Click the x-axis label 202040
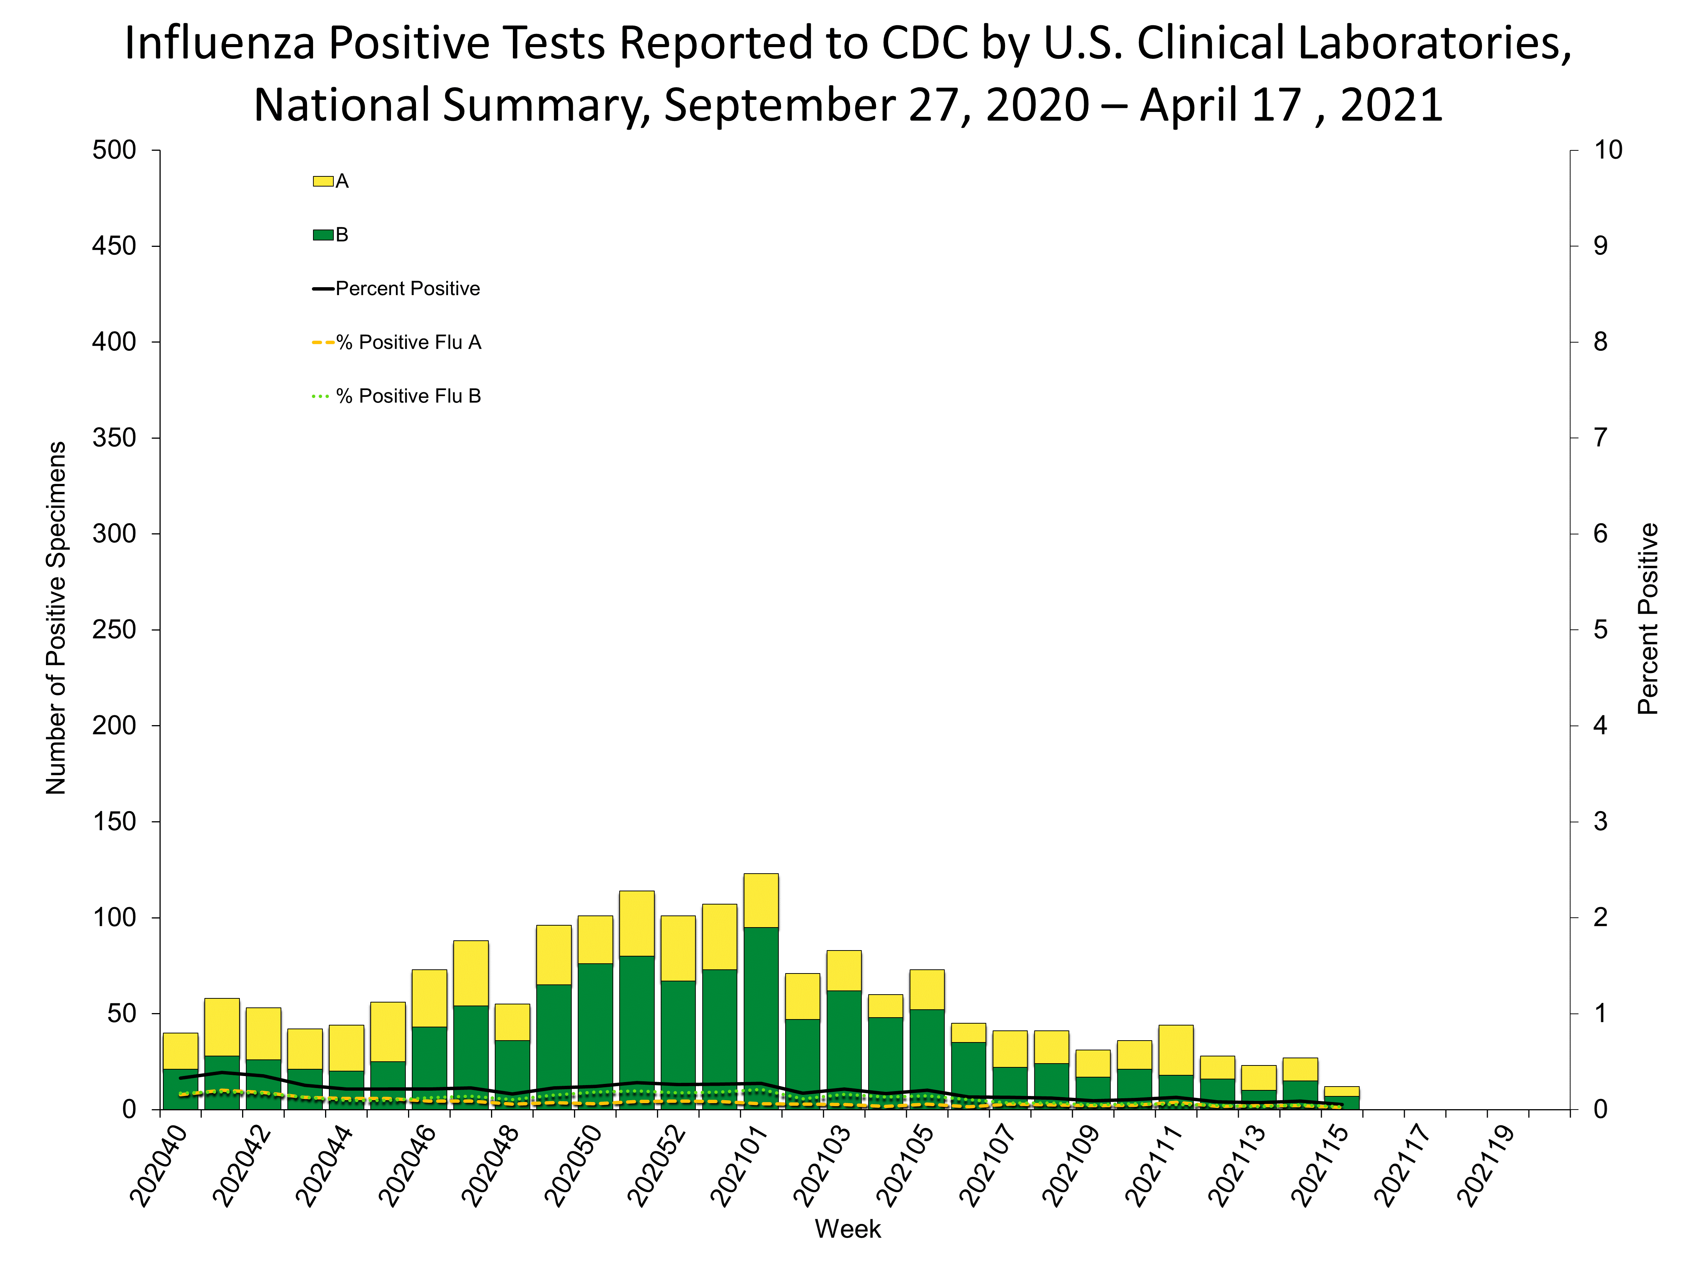tap(160, 1165)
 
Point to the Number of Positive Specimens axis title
tap(56, 618)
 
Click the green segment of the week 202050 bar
tap(595, 1035)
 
